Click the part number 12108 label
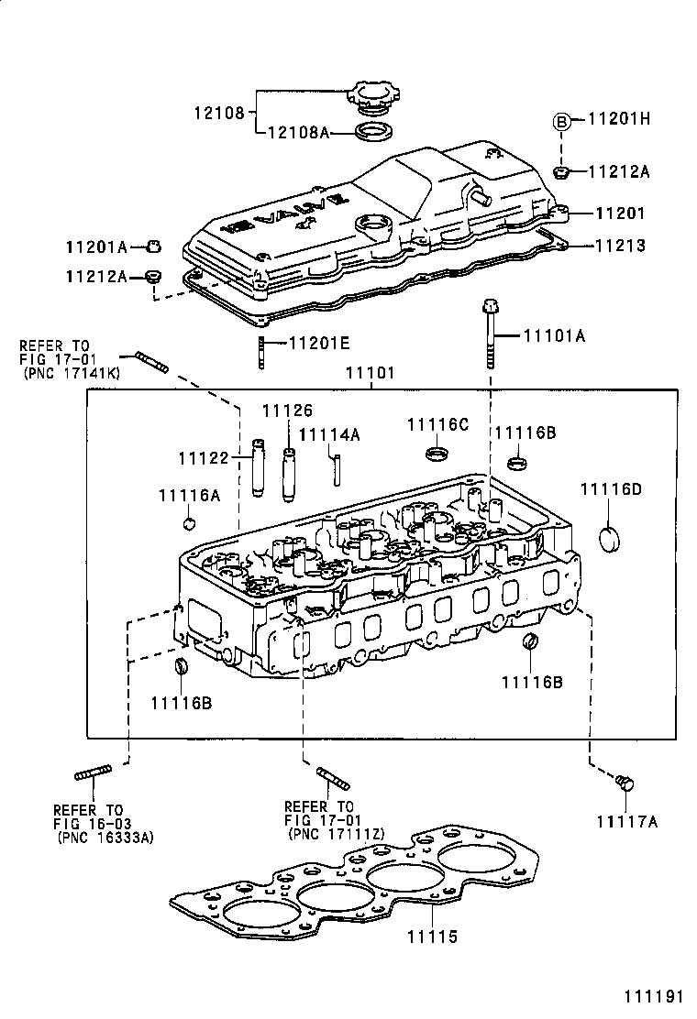tap(218, 114)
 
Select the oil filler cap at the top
tap(373, 94)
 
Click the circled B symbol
tap(561, 119)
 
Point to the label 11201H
tap(618, 119)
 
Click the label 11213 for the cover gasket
tap(620, 246)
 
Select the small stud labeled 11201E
tap(263, 351)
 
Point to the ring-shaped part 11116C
tap(438, 454)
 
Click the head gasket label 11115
tap(432, 937)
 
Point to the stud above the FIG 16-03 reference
tap(93, 773)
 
